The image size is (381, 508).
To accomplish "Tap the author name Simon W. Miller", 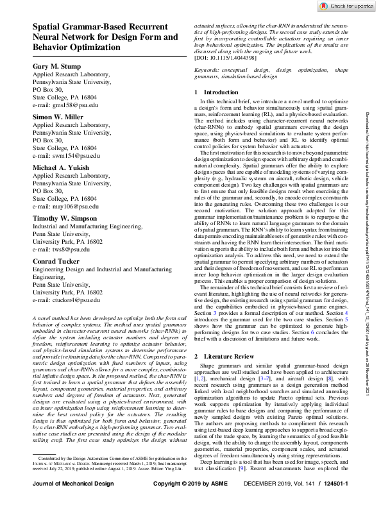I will [x=59, y=117].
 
